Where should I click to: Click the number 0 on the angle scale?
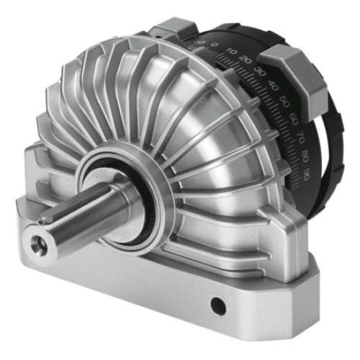[x=215, y=45]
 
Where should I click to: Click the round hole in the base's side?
[x=216, y=307]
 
